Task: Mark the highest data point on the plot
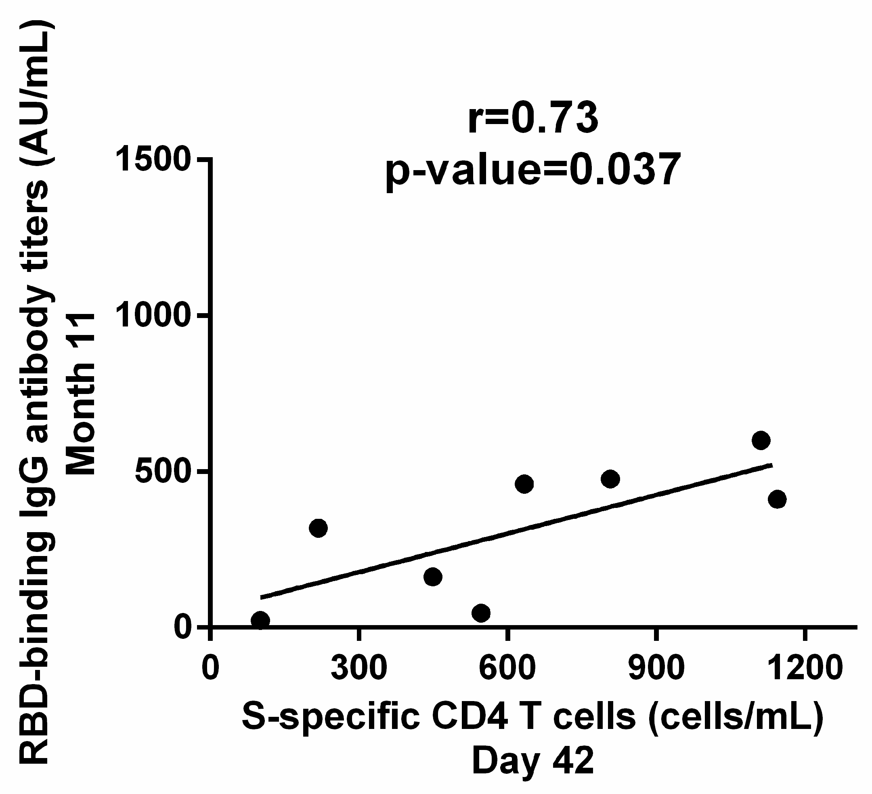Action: point(761,441)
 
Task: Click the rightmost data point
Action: point(777,499)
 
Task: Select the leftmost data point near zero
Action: point(260,620)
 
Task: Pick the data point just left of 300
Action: point(319,528)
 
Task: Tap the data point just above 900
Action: point(610,479)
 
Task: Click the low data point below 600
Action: point(481,613)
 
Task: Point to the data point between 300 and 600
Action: point(433,577)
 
